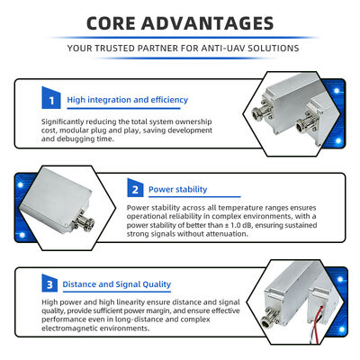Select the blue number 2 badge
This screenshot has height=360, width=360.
pyautogui.click(x=135, y=189)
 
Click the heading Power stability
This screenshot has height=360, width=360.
pyautogui.click(x=177, y=189)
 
